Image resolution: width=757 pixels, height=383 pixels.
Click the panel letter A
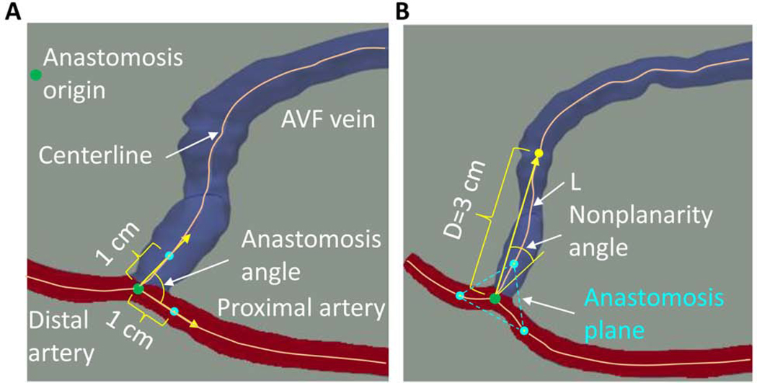(12, 12)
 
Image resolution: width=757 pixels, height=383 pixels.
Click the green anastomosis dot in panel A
(138, 289)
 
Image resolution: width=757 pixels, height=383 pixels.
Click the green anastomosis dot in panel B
(495, 298)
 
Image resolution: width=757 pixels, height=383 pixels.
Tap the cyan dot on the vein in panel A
(169, 255)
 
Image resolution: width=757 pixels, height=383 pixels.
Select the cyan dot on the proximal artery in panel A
(174, 311)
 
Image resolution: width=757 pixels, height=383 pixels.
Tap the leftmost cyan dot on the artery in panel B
(460, 295)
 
